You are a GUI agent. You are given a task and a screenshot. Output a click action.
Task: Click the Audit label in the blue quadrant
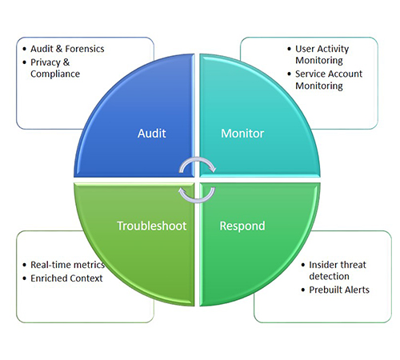click(152, 134)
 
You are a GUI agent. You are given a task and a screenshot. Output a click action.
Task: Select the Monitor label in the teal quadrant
click(242, 134)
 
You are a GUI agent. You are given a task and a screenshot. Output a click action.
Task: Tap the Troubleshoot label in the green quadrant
click(152, 226)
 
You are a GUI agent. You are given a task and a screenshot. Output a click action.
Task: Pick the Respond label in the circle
click(242, 226)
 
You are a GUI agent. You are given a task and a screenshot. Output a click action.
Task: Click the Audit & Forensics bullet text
click(67, 49)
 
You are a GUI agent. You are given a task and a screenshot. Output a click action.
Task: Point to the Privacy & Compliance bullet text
click(55, 68)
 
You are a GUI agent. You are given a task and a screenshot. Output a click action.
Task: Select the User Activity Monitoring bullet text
click(322, 54)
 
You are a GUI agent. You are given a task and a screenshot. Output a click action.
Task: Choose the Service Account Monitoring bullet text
click(329, 80)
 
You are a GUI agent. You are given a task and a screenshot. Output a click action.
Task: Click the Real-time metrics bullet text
click(68, 265)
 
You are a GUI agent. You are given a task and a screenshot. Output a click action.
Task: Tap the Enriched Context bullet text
click(66, 278)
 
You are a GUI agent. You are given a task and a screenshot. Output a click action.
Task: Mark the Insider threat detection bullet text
click(338, 270)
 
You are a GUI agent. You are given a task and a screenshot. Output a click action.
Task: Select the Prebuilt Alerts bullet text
click(339, 290)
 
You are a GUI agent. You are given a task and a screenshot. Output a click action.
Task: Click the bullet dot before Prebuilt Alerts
click(303, 290)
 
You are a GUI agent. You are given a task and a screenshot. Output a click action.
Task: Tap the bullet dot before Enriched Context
click(25, 278)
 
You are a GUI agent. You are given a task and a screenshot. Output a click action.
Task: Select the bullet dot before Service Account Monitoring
click(290, 74)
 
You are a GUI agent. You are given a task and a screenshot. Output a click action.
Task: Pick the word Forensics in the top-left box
click(85, 49)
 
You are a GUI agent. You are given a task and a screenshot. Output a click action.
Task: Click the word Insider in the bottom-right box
click(322, 265)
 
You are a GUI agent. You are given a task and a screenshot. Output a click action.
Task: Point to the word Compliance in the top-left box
click(55, 74)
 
